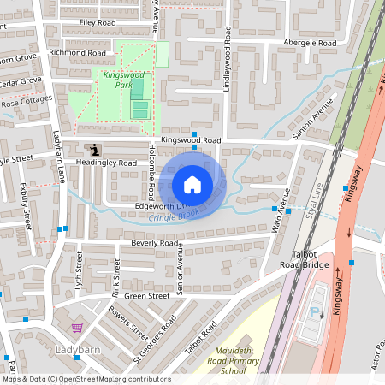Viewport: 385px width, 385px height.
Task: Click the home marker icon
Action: (x=192, y=185)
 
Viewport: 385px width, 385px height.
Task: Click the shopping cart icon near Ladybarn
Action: (x=77, y=328)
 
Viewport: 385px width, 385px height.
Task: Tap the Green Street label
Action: (x=146, y=296)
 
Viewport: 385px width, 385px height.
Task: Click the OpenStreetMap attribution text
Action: (x=86, y=379)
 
